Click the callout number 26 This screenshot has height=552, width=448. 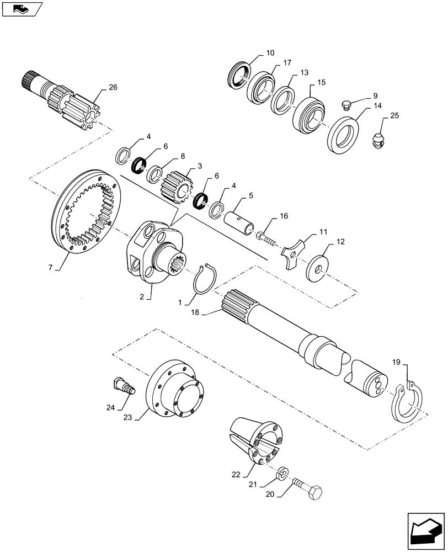pyautogui.click(x=113, y=87)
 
